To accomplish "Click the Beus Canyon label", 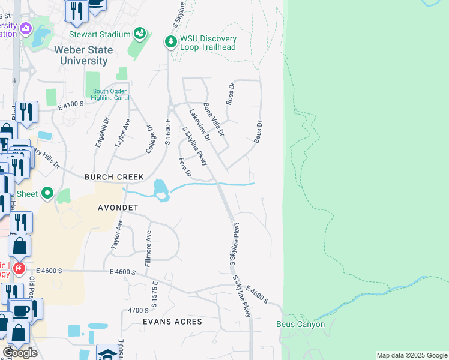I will pos(300,325).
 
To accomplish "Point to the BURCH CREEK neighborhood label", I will pos(114,177).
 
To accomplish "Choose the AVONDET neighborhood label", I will pos(118,208).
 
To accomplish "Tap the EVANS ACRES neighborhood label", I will pos(172,322).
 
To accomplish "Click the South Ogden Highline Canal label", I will pos(111,95).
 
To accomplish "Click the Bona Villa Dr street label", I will pos(214,119).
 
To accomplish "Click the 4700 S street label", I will pos(138,310).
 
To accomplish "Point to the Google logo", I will pos(20,352).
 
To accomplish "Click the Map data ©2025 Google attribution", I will pos(411,355).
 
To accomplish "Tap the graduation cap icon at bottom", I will pos(108,353).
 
